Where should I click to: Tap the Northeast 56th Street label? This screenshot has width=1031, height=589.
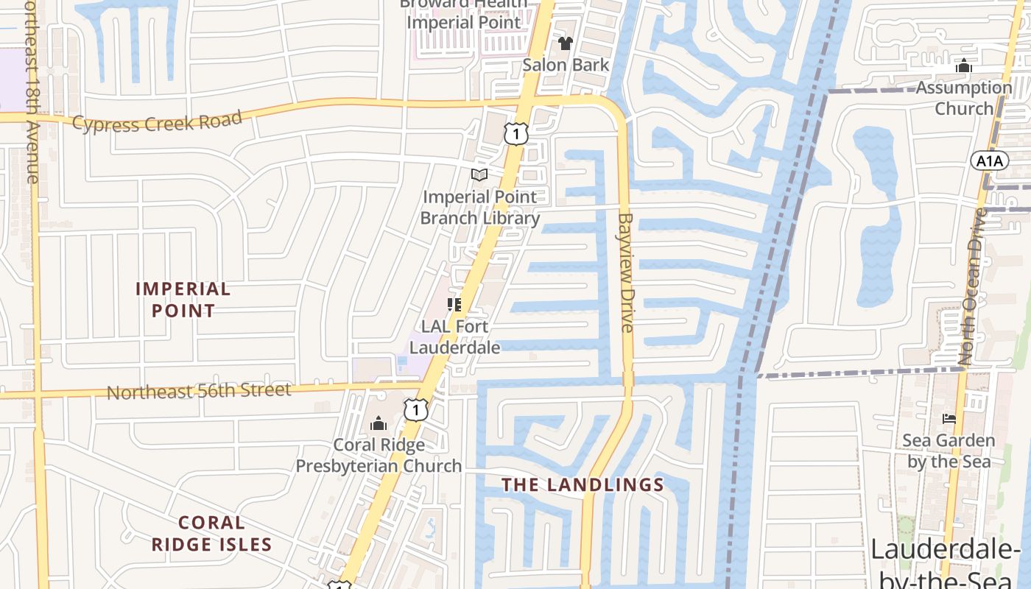199,391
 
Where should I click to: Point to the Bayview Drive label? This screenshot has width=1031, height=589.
626,272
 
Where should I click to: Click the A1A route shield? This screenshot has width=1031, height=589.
989,161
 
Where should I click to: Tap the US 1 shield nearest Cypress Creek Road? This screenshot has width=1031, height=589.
516,133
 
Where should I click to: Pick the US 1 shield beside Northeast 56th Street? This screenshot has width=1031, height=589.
416,409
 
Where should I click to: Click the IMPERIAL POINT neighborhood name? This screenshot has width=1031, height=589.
183,300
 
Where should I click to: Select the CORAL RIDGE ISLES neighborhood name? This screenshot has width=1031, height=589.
211,534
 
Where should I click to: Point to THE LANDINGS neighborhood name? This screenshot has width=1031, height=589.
583,484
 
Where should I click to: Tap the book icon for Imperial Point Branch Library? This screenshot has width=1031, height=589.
479,175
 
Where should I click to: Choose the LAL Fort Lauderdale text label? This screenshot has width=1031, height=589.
455,336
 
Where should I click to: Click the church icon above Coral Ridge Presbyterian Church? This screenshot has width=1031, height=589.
379,423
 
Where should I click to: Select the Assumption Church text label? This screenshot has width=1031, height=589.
964,98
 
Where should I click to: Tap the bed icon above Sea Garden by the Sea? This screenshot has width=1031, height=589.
949,419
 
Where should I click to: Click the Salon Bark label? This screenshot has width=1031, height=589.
566,65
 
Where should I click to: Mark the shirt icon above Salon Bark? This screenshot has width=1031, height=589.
566,43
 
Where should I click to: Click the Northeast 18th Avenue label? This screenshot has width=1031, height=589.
31,92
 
